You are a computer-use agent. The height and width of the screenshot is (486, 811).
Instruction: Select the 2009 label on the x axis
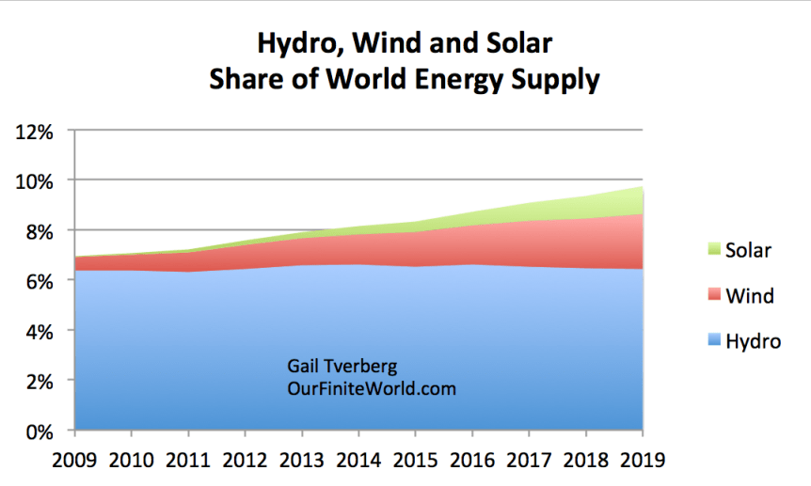(x=74, y=461)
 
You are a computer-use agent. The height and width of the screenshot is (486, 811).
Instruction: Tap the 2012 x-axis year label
(x=245, y=461)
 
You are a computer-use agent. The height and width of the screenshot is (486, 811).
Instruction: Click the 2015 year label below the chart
(x=415, y=461)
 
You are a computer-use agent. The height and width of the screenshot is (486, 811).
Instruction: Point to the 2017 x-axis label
(x=529, y=461)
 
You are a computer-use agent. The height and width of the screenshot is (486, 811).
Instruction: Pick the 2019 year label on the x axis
(x=643, y=461)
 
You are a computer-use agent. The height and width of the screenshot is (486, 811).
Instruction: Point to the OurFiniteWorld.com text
(x=372, y=388)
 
